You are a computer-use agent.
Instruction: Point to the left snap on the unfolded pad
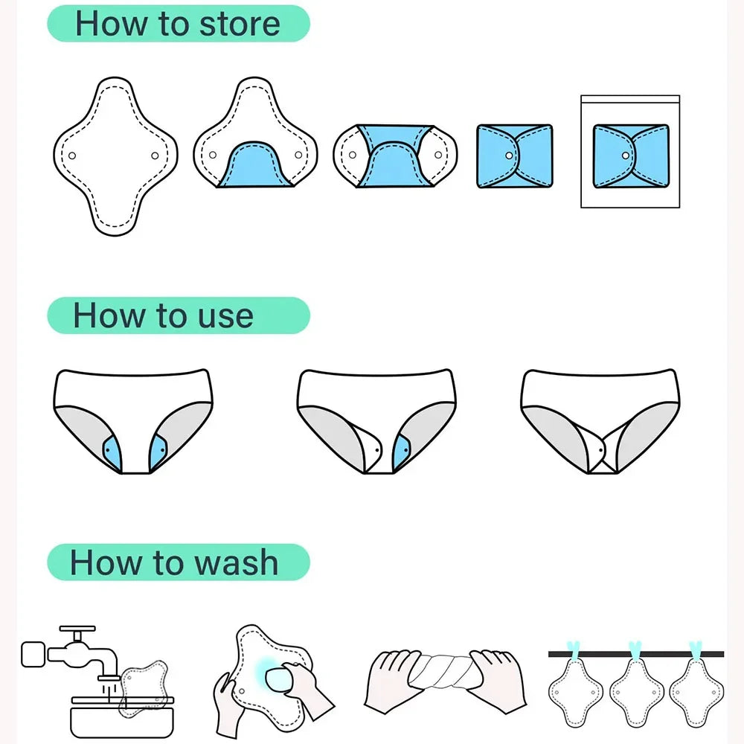72,155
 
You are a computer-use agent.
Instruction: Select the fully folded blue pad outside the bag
514,155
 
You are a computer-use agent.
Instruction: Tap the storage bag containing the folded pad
629,150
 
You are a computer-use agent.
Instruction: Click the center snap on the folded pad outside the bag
509,155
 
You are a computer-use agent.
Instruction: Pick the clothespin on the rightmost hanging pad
696,649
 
